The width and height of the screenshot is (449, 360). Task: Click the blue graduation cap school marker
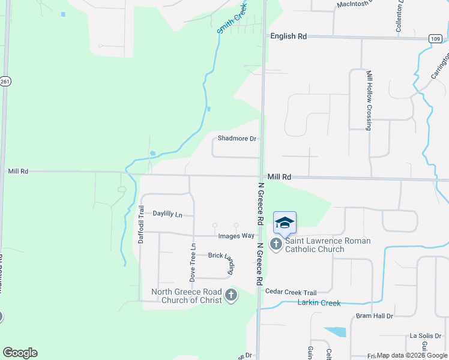tap(285, 223)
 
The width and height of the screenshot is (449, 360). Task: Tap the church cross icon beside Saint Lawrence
tap(276, 244)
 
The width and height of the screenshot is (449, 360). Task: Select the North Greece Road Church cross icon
tap(231, 295)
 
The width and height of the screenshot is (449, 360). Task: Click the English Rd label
tap(288, 37)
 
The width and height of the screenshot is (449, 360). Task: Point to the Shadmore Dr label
tap(237, 139)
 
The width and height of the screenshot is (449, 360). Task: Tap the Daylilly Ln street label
tap(167, 214)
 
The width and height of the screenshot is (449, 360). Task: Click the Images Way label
tap(236, 236)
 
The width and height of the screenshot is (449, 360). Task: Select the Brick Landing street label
tap(221, 259)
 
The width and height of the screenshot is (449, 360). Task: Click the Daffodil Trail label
tap(142, 224)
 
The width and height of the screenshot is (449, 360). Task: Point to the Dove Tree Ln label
tap(193, 262)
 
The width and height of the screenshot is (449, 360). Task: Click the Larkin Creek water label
tap(319, 303)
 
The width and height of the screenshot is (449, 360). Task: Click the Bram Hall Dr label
tap(374, 316)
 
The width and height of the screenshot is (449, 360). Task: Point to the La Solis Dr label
tap(425, 336)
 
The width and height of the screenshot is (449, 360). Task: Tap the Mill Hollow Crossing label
tap(369, 100)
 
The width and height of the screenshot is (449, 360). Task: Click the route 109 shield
tap(436, 38)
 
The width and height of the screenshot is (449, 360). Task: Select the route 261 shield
tap(5, 82)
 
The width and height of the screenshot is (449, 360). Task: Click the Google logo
tap(20, 353)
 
